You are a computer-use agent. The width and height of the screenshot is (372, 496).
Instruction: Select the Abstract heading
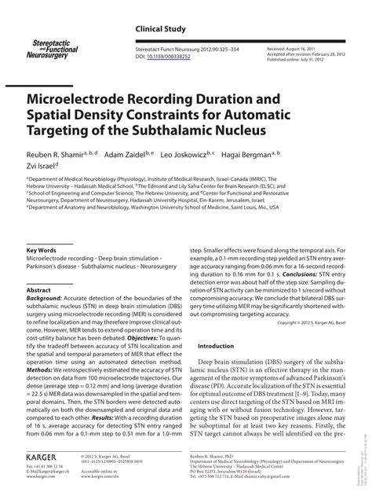(38, 290)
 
